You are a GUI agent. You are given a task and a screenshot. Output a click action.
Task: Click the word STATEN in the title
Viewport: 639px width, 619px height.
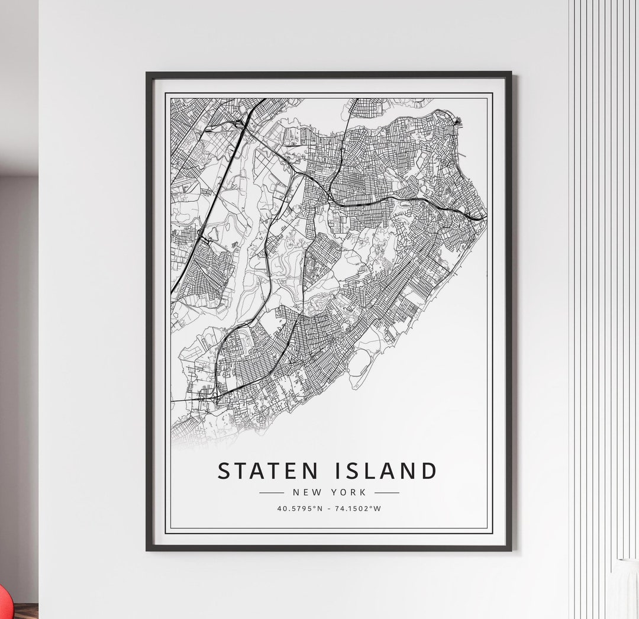(264, 471)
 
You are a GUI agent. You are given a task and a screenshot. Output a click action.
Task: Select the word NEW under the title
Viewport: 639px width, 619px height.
(306, 492)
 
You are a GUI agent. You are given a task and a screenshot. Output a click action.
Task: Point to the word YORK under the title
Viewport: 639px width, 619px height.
(350, 492)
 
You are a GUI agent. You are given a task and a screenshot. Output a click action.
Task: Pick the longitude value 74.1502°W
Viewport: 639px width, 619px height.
(358, 508)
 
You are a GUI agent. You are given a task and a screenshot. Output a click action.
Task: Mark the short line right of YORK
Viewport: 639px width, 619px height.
(387, 492)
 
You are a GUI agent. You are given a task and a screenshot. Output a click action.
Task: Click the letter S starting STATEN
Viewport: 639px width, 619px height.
(224, 471)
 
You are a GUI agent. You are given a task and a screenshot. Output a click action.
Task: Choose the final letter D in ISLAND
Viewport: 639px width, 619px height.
(428, 471)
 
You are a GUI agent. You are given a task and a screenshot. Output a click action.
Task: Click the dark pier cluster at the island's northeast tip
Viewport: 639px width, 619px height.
(460, 124)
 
